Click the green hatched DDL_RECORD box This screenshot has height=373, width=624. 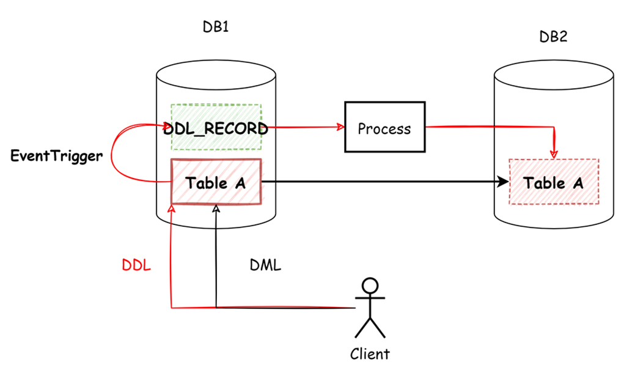coord(216,127)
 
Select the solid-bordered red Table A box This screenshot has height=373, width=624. coord(216,182)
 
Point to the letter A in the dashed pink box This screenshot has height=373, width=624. coord(578,182)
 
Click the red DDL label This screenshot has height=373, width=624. coord(136,265)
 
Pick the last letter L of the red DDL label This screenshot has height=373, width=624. coord(146,265)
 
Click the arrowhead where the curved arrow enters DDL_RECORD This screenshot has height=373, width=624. coord(167,127)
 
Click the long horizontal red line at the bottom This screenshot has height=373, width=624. coord(263,307)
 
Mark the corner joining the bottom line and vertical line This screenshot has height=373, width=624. coord(171,308)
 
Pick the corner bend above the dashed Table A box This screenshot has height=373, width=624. coord(553,127)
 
